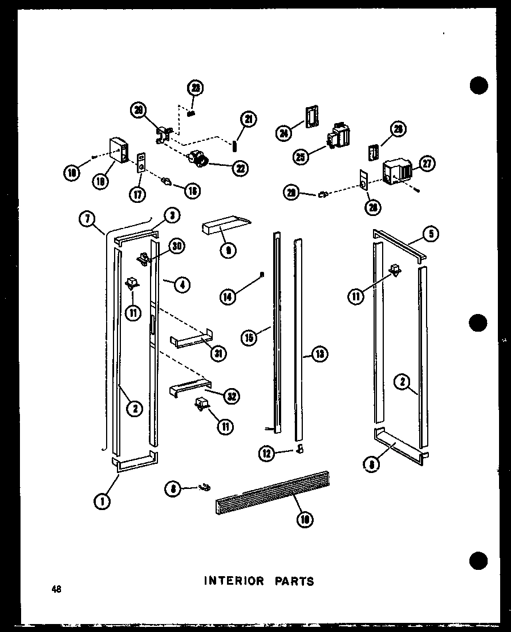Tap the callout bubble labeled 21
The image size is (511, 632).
(248, 119)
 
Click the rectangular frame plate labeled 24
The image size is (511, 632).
(311, 118)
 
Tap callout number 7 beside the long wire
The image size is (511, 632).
(87, 219)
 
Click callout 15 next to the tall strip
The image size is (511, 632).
(248, 337)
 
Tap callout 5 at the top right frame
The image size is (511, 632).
(432, 234)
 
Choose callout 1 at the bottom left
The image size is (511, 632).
(102, 500)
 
